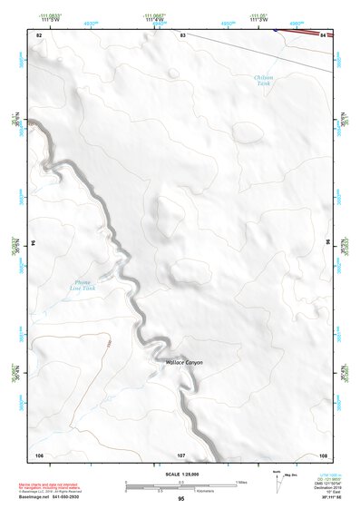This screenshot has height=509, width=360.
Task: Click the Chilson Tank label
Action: point(263,80)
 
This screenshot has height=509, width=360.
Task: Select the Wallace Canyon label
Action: point(184,362)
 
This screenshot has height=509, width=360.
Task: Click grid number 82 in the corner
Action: point(39,34)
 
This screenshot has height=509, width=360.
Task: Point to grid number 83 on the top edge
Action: point(182,34)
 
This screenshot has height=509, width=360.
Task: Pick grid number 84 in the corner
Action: point(324,34)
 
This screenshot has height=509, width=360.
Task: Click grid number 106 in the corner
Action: point(39,454)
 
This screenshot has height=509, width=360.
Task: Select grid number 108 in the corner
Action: point(323,454)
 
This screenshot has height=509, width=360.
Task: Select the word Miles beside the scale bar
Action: point(242,482)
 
